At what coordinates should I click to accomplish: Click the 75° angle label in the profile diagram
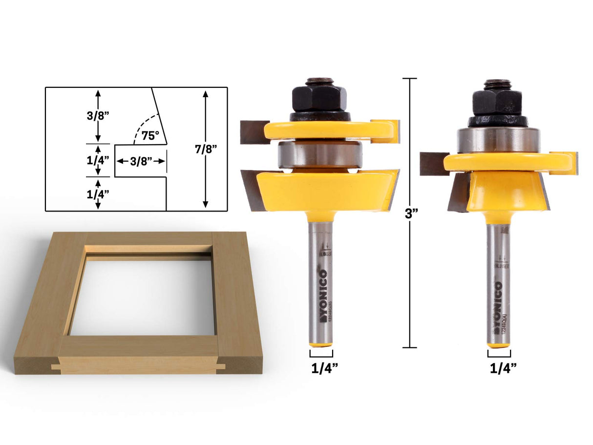coord(150,136)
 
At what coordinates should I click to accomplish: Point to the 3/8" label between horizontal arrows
coord(140,162)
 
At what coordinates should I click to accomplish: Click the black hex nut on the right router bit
coord(497,102)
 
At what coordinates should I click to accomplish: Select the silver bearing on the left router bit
coord(320,154)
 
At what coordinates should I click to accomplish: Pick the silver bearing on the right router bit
coord(498,140)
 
